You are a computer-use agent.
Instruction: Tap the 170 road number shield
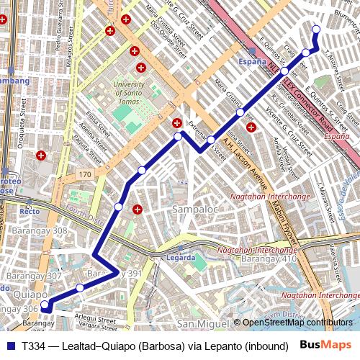(85, 175)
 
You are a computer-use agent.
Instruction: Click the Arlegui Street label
(90, 318)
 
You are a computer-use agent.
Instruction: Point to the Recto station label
(30, 212)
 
